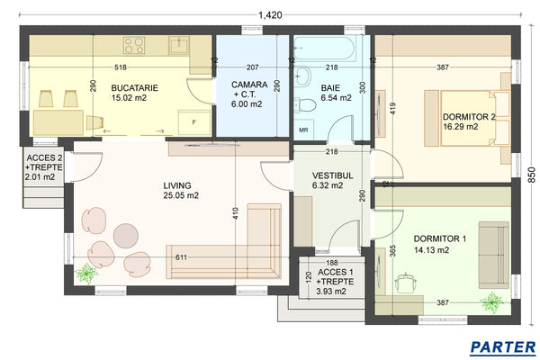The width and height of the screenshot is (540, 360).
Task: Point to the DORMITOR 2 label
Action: [469, 121]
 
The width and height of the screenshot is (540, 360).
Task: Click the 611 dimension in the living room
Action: [182, 257]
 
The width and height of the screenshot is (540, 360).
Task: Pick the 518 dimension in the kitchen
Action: [120, 68]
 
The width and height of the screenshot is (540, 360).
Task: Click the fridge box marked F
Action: [193, 120]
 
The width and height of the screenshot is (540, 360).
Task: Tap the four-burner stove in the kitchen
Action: [135, 44]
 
